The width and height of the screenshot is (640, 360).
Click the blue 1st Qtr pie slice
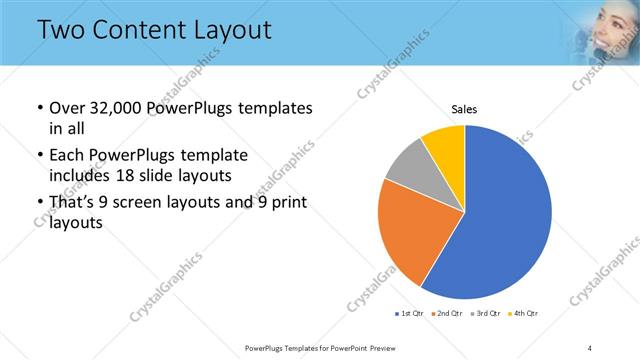click(x=505, y=215)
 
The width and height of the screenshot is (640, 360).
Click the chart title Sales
click(x=464, y=109)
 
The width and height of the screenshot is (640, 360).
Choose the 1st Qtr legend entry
click(x=409, y=314)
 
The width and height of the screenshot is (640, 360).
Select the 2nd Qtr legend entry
click(x=447, y=314)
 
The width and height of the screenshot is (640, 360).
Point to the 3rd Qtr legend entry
click(x=486, y=314)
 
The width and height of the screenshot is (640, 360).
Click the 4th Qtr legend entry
click(x=524, y=314)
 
